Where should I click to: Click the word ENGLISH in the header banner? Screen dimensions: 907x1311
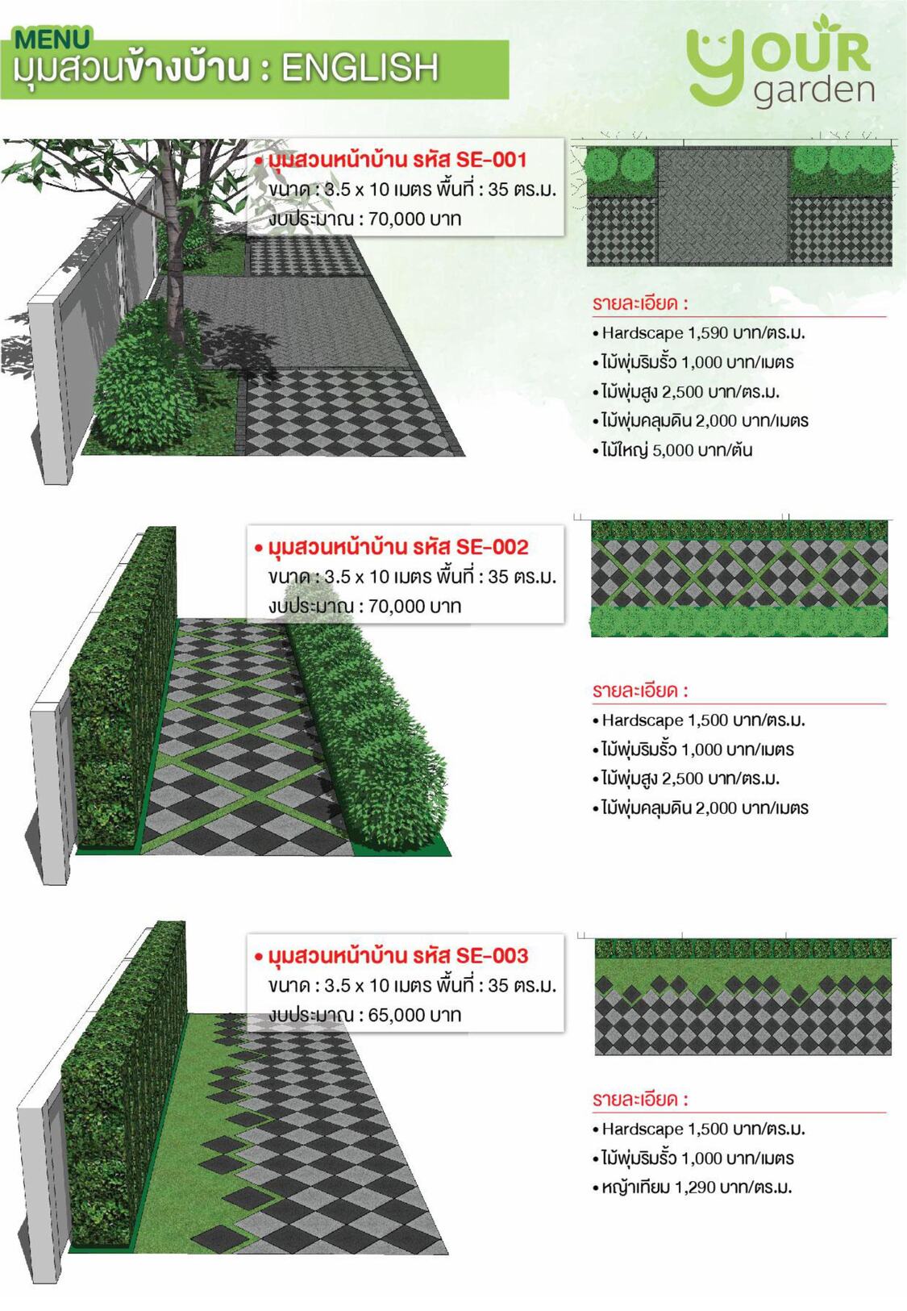[360, 67]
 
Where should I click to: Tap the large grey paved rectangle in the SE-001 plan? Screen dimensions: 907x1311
[723, 206]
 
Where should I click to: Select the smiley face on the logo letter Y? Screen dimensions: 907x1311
[714, 42]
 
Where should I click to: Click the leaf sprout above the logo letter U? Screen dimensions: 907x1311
[824, 23]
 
